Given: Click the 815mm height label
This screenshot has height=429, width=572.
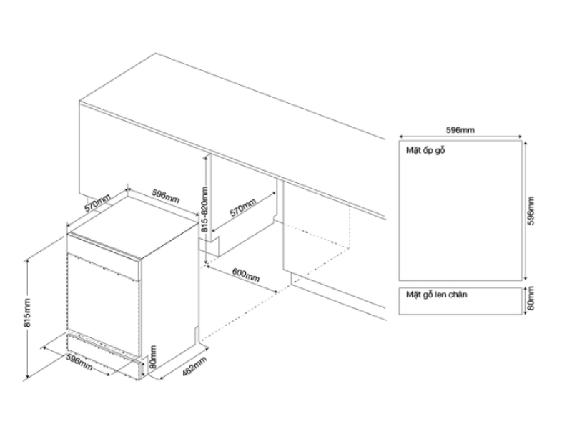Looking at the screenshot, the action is pos(28,313).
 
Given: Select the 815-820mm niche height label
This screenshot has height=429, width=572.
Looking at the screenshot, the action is pos(204,209).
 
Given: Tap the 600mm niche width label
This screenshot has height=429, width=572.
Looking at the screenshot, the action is pos(246,275).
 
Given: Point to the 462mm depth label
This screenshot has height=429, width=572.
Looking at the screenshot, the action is pos(194,366).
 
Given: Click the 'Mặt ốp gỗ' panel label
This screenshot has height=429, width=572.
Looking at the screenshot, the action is pos(425,150).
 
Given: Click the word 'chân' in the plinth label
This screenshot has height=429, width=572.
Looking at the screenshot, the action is pos(457,295).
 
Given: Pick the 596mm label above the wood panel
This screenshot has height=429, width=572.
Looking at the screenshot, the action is pos(460,130).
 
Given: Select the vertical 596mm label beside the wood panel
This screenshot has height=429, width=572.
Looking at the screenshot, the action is pos(531,211).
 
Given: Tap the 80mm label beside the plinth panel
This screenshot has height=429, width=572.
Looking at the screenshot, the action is pos(531,298).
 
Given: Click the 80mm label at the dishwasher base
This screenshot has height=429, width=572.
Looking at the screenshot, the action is pos(153,357).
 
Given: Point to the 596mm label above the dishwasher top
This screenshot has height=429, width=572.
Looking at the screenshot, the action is pos(165,197).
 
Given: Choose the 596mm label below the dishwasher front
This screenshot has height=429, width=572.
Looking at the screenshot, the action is pos(79,362).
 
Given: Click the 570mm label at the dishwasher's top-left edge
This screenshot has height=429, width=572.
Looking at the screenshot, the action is pos(97,203).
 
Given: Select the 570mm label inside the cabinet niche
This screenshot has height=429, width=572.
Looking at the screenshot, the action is pos(243,207).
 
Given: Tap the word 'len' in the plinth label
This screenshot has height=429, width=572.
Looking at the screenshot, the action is pos(440,295).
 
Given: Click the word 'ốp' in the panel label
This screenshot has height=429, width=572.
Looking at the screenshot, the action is pos(428,150).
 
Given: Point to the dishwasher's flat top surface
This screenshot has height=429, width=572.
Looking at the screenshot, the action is pos(134,227).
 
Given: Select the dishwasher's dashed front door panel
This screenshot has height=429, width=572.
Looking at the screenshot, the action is pos(104,305).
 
